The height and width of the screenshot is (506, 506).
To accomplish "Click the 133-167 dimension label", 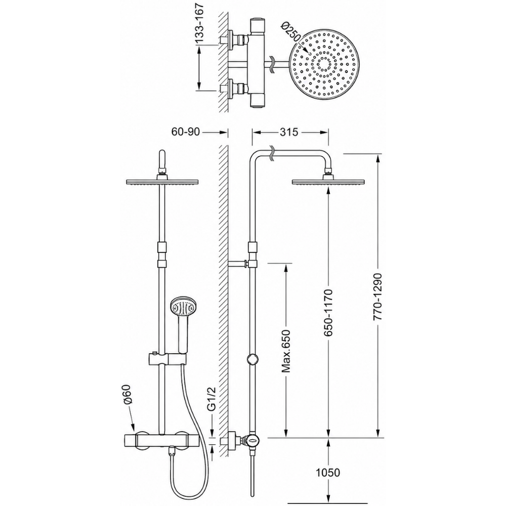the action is click(200, 23).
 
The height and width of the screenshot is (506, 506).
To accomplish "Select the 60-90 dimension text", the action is click(186, 132).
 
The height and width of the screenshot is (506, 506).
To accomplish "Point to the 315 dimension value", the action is click(289, 132).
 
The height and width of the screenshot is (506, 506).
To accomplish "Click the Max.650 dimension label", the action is click(286, 351).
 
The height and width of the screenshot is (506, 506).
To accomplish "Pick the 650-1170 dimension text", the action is click(328, 313).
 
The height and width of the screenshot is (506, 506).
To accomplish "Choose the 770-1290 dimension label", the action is click(377, 297).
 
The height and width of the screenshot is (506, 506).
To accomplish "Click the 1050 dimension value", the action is click(328, 473).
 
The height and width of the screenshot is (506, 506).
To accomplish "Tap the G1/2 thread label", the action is click(211, 399).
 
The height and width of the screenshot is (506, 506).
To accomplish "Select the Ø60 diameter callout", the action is click(128, 394).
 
